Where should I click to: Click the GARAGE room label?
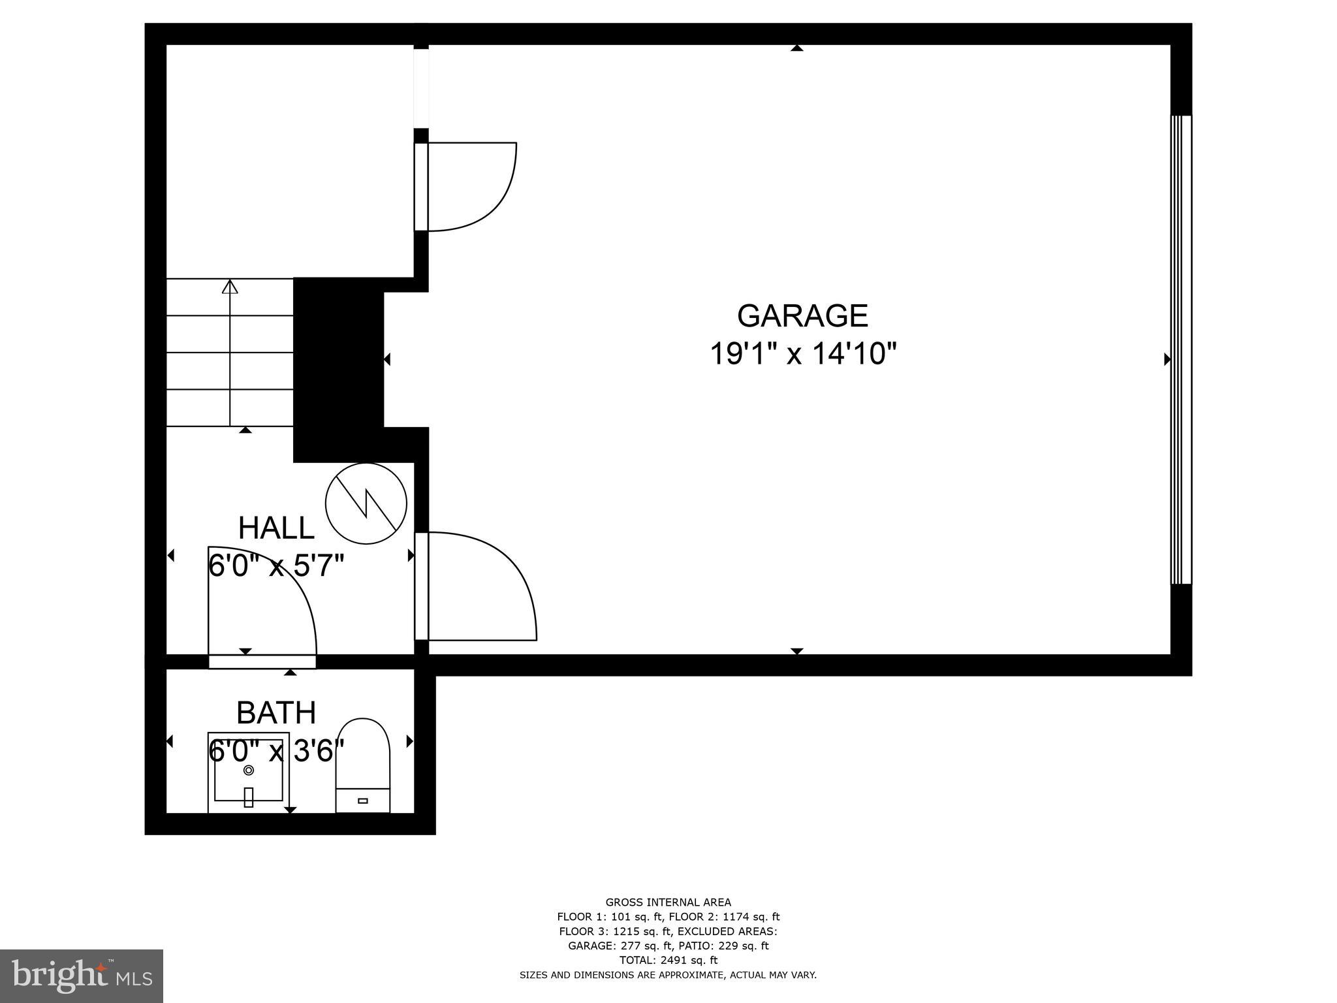pyautogui.click(x=802, y=316)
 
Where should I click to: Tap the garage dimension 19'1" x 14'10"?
pyautogui.click(x=803, y=355)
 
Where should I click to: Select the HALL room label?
pyautogui.click(x=276, y=528)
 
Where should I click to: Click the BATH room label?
pyautogui.click(x=276, y=712)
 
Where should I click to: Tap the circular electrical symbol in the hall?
pyautogui.click(x=366, y=503)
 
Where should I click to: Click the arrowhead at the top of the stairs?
pyautogui.click(x=230, y=287)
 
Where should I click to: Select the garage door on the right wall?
pyautogui.click(x=1181, y=349)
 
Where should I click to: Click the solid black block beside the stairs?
pyautogui.click(x=338, y=369)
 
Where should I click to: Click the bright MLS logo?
pyautogui.click(x=82, y=976)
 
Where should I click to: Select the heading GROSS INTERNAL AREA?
pyautogui.click(x=668, y=902)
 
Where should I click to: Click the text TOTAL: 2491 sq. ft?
pyautogui.click(x=668, y=960)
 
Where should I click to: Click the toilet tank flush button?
pyautogui.click(x=363, y=801)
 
